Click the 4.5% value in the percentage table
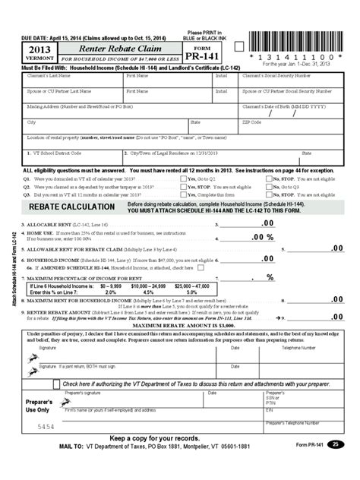click(148, 292)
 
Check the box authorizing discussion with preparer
click(56, 384)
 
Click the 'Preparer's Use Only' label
click(38, 404)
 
